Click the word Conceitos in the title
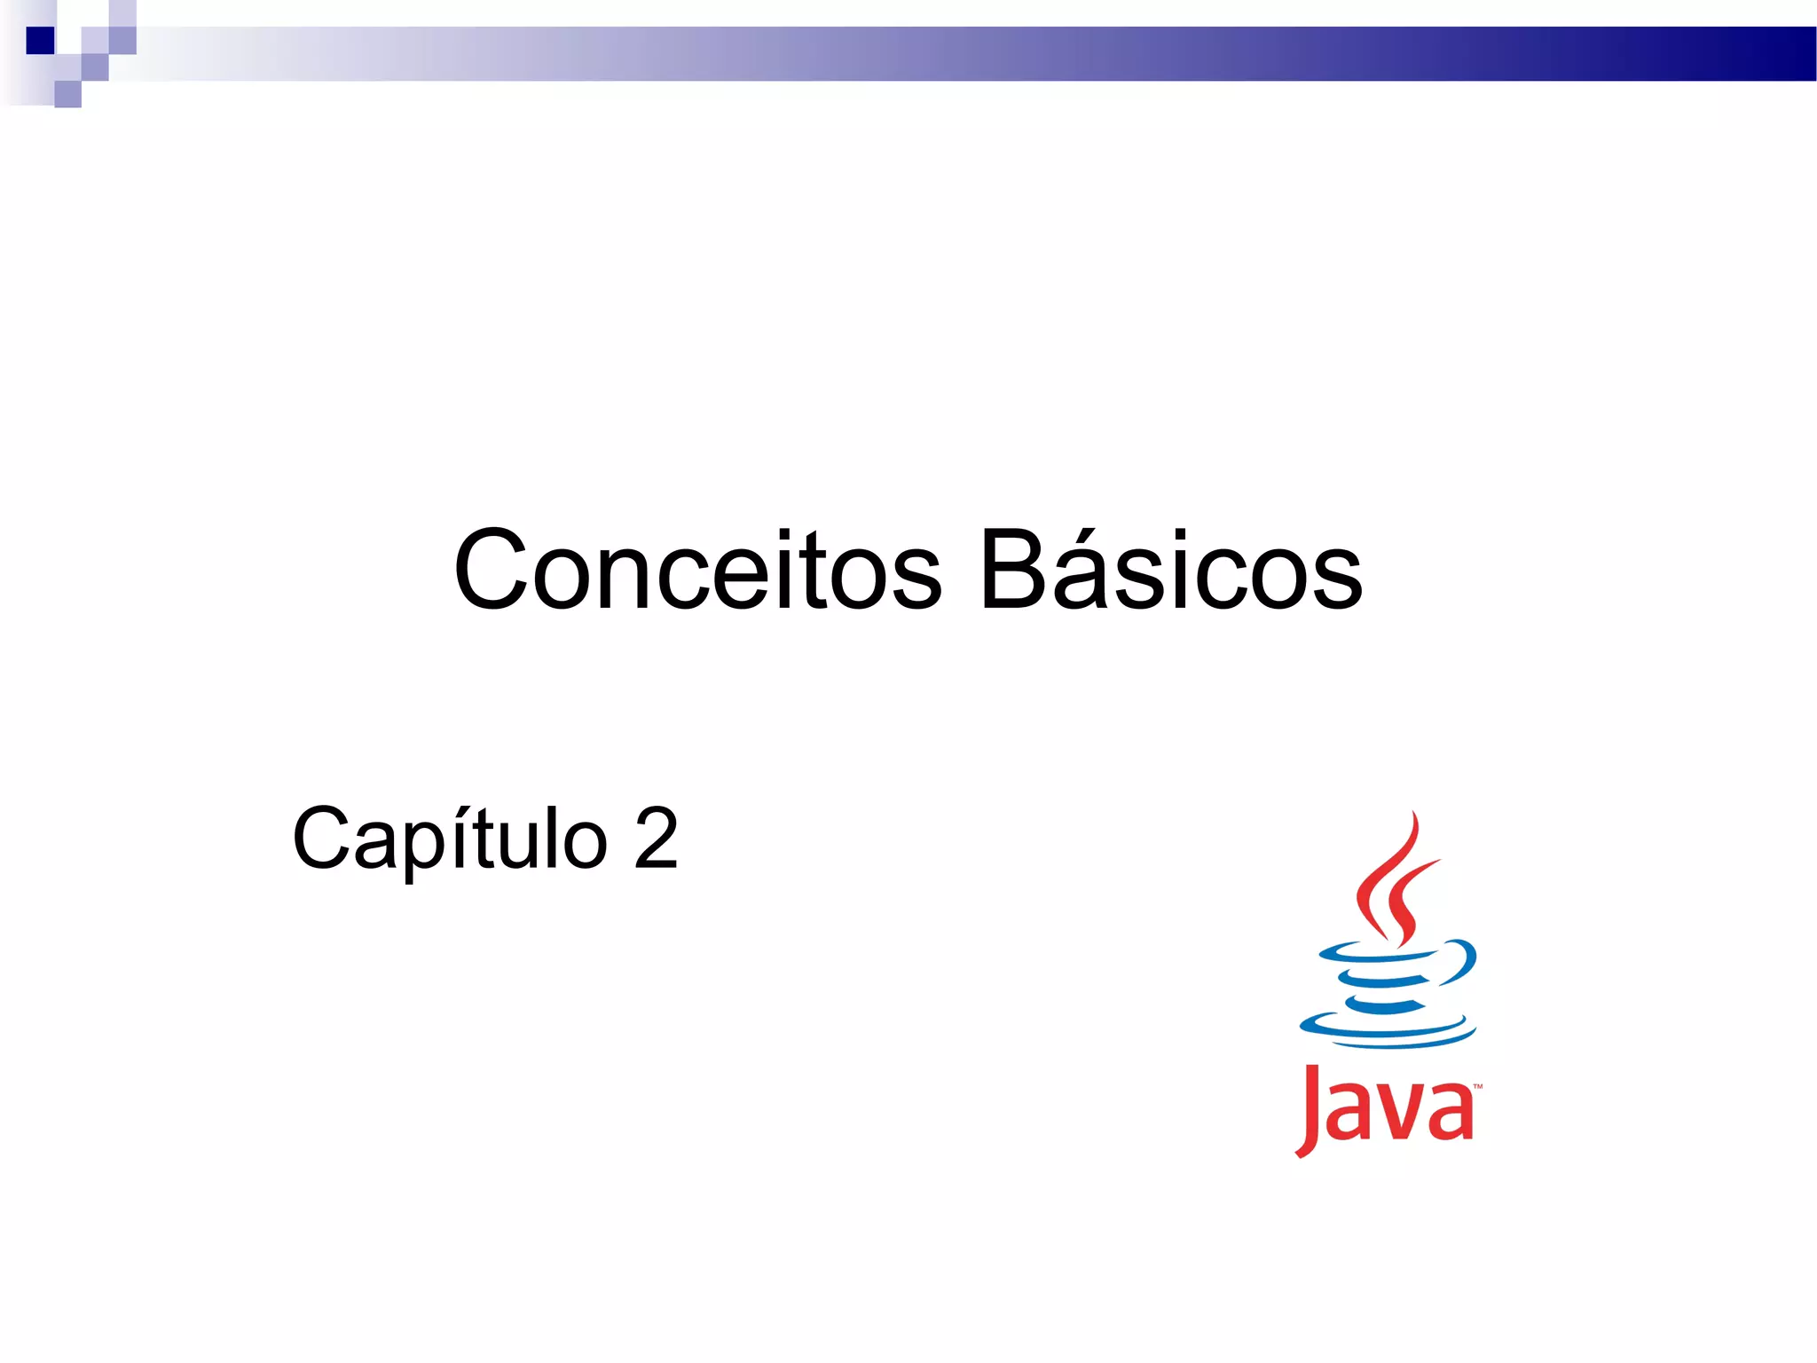pos(697,570)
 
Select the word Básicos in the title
pos(1170,570)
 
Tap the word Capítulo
pos(450,839)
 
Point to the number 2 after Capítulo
pos(656,838)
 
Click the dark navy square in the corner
pos(40,41)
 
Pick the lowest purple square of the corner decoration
pos(67,94)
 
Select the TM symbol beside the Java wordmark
pos(1477,1086)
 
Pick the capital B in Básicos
pos(1014,570)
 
